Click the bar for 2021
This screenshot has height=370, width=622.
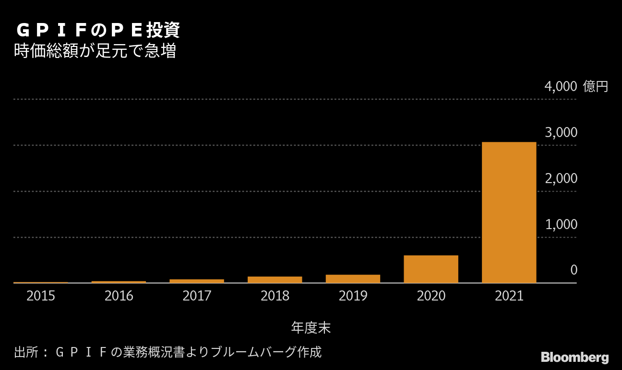click(509, 212)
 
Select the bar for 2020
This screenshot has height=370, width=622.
click(431, 269)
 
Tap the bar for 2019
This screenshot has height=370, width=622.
click(353, 278)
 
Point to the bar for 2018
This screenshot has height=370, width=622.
click(275, 279)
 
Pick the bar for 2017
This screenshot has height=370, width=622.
click(197, 281)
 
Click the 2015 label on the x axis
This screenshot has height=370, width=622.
click(41, 296)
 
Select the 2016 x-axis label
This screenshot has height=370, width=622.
click(119, 296)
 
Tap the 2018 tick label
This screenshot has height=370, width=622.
click(275, 296)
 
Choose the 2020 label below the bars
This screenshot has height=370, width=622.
click(431, 296)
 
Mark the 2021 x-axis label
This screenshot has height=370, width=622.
click(509, 296)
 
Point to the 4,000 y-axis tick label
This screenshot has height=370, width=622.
click(561, 87)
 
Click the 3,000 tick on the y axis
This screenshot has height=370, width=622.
click(561, 133)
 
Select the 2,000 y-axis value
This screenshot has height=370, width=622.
click(561, 179)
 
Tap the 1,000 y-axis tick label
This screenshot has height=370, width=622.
click(561, 225)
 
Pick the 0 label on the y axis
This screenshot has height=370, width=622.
click(574, 270)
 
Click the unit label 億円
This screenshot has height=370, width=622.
click(595, 87)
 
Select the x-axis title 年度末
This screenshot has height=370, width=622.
click(311, 328)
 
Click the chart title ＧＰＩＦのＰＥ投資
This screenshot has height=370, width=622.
click(98, 30)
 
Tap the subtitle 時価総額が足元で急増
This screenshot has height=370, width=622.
click(95, 51)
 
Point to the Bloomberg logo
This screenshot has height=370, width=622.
click(574, 358)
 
